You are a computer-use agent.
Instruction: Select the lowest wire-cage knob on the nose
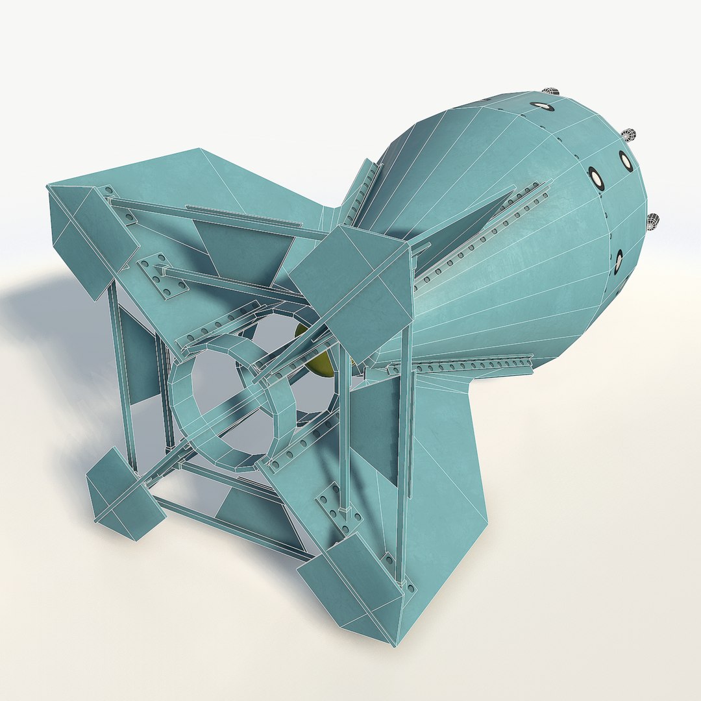point(654,221)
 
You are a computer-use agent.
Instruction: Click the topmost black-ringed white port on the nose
point(538,104)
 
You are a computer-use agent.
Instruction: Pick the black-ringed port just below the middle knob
point(626,161)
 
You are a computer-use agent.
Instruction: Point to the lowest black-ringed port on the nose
point(618,261)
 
